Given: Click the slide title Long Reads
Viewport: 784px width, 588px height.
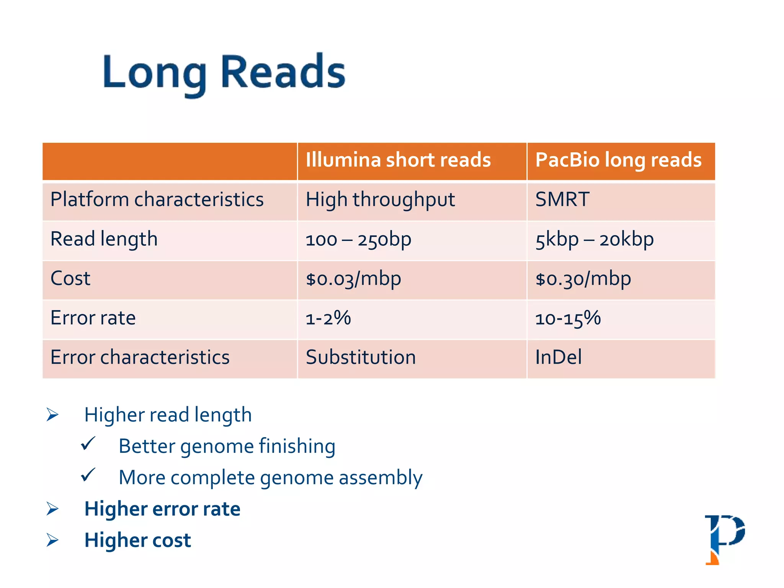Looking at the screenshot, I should tap(224, 73).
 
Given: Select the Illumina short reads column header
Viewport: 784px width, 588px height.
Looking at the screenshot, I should tap(398, 160).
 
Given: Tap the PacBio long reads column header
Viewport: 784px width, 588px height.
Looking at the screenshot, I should tap(618, 160).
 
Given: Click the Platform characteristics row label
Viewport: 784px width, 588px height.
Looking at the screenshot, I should tap(157, 200).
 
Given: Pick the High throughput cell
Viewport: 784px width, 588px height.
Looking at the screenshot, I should tap(380, 200).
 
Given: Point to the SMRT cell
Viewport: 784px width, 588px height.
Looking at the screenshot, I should tap(562, 200).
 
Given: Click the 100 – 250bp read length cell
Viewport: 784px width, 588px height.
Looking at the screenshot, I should tap(358, 240).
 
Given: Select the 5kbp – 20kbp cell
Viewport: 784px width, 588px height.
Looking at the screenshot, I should tap(594, 240).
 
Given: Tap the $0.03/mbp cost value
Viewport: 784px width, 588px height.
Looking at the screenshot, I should tap(353, 279).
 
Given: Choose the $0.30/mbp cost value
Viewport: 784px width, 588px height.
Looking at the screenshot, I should tap(583, 279).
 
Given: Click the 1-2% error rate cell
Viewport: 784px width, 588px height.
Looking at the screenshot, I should tap(328, 318).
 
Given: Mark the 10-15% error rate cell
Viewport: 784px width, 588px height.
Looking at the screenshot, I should tap(568, 318).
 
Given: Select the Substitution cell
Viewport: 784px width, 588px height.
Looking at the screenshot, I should tap(361, 358).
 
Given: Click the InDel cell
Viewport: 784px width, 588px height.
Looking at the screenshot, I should tap(558, 358).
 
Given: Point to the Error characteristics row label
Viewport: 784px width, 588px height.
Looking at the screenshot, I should tap(140, 358).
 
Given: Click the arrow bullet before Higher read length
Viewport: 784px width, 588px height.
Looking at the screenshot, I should tap(52, 415).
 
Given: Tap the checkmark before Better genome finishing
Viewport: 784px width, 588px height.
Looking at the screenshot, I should tap(88, 444).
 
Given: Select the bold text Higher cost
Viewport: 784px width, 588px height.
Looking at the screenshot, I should tap(137, 540).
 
